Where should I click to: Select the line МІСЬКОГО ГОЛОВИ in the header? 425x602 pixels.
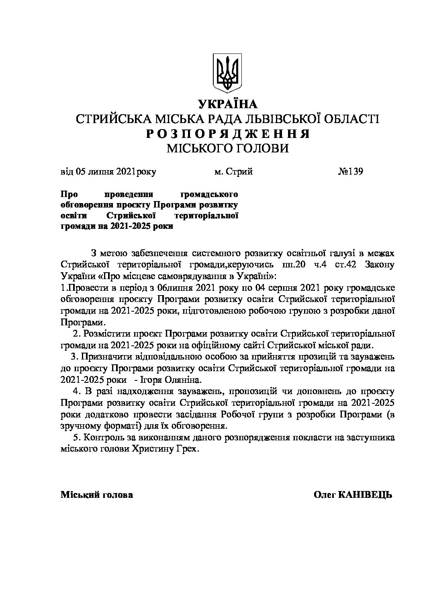[x=227, y=148]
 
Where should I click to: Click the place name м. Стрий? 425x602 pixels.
[x=233, y=172]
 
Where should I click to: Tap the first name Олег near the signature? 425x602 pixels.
[x=325, y=495]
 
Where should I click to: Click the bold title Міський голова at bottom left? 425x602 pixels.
[x=96, y=495]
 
